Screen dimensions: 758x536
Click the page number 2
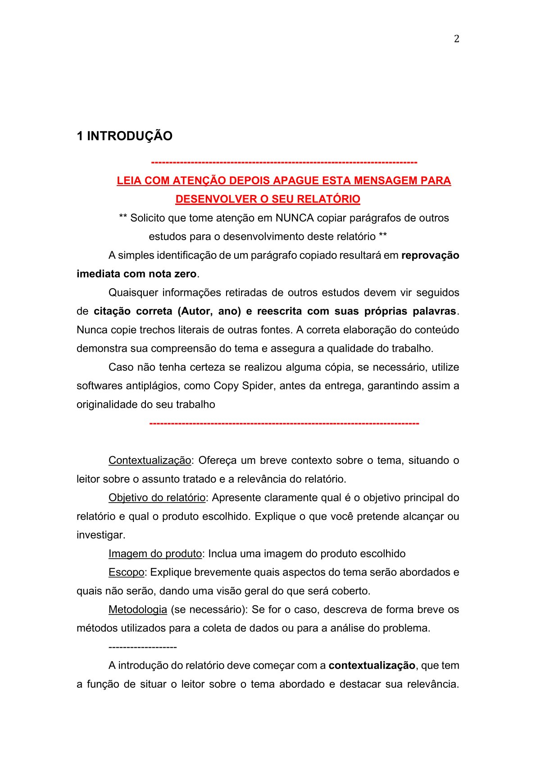tap(456, 39)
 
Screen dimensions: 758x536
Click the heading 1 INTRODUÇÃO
tap(124, 136)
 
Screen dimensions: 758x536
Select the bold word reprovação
tap(430, 255)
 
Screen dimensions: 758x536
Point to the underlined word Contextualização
tap(150, 460)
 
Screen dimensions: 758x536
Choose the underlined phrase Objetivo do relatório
tap(157, 498)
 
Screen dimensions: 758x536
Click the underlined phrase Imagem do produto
tap(155, 554)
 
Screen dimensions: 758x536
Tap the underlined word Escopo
tap(126, 572)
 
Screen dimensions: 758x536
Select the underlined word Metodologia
tap(137, 609)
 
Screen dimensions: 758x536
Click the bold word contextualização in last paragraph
tap(372, 665)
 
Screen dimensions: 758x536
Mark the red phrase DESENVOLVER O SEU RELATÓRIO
tap(268, 199)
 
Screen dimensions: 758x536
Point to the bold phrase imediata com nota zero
tap(136, 274)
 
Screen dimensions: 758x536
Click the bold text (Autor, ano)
tap(210, 311)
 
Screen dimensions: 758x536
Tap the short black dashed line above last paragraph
tap(142, 647)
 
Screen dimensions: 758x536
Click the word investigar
tap(100, 535)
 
